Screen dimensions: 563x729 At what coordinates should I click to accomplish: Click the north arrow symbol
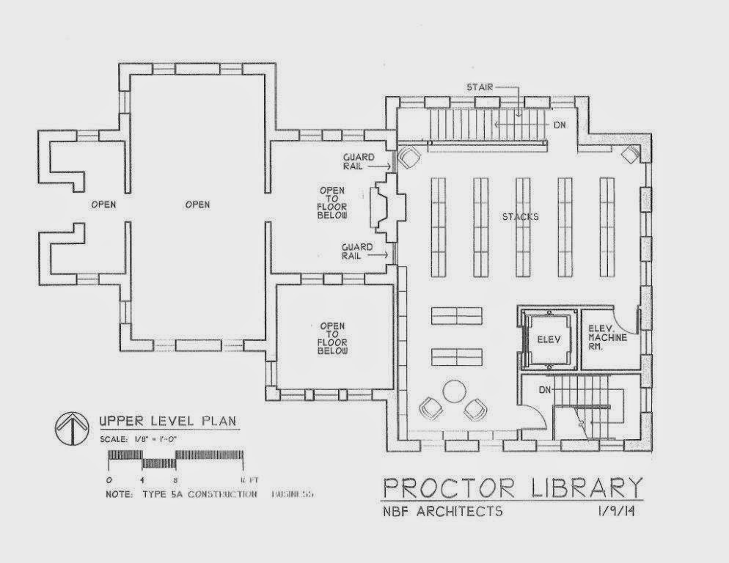pyautogui.click(x=72, y=429)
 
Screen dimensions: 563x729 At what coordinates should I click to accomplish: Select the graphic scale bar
pyautogui.click(x=175, y=459)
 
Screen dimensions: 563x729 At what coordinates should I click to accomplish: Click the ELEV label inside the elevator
pyautogui.click(x=549, y=339)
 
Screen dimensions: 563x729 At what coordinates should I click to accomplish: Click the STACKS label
pyautogui.click(x=520, y=217)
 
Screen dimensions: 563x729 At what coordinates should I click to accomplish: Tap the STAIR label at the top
pyautogui.click(x=479, y=87)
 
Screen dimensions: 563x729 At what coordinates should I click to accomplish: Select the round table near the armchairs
pyautogui.click(x=455, y=390)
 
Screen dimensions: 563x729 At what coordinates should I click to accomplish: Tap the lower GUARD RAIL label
pyautogui.click(x=357, y=251)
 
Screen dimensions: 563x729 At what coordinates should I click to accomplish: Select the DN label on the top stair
pyautogui.click(x=560, y=125)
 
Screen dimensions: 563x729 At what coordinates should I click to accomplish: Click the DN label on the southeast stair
pyautogui.click(x=545, y=389)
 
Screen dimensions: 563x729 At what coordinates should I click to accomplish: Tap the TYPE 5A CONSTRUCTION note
pyautogui.click(x=202, y=494)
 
